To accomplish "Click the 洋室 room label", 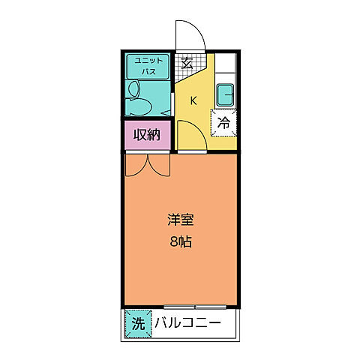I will click(x=181, y=220).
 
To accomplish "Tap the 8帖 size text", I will click(x=181, y=242).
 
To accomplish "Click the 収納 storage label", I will click(x=147, y=135).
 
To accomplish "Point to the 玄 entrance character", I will click(x=187, y=63).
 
